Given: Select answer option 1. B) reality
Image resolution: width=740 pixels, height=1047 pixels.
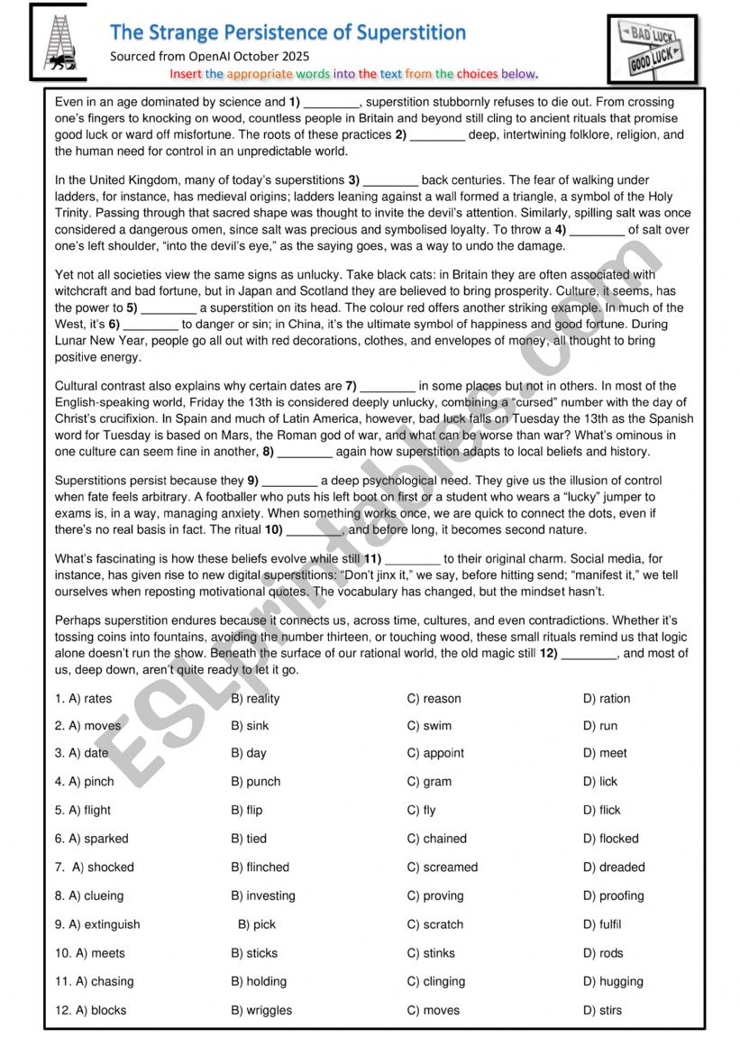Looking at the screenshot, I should (x=255, y=698).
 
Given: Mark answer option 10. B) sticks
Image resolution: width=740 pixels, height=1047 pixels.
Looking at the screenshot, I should (x=254, y=953).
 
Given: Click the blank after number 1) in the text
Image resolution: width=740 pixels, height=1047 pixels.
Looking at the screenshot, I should (x=333, y=103).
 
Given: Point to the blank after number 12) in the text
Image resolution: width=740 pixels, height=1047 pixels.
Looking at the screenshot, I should (x=590, y=654).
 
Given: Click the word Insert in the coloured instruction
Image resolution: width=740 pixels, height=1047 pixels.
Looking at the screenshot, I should (x=186, y=74).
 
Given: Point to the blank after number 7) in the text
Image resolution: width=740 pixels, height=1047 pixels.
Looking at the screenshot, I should (x=388, y=387).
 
